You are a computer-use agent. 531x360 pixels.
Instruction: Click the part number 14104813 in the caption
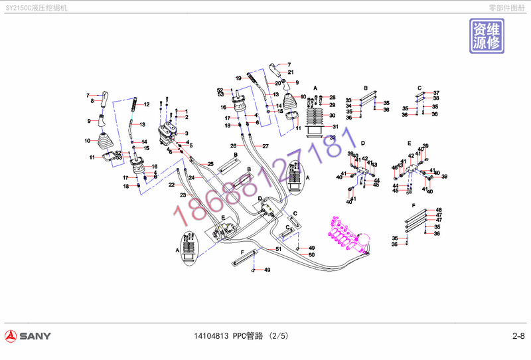coord(208,335)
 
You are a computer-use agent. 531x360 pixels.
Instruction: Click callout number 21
coord(291,72)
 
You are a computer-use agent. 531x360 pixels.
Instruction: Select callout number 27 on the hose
coord(265,145)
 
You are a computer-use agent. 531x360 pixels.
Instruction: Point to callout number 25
coord(210,163)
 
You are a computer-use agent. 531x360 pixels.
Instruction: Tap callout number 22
coord(171,185)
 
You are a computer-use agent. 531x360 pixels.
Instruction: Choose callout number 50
coord(311,255)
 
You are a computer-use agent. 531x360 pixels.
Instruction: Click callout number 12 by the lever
coord(147,104)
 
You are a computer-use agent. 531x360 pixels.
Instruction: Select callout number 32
coord(333,137)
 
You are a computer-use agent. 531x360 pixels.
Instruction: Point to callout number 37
coord(436,92)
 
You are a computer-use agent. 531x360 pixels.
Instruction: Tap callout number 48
coord(438,211)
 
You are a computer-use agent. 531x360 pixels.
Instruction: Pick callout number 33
coord(348,100)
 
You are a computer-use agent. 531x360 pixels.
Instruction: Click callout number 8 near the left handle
coord(92,101)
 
